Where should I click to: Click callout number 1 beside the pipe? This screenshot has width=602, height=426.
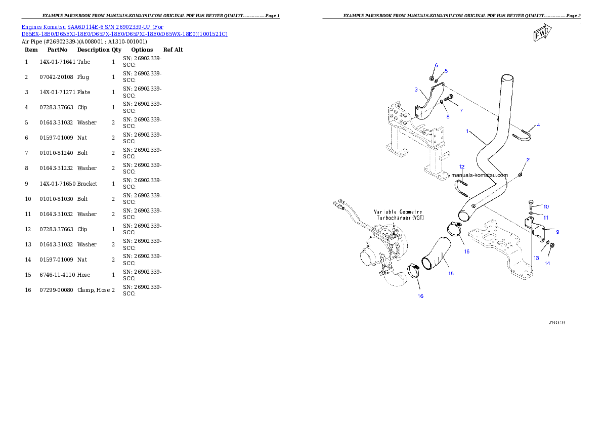[468, 131]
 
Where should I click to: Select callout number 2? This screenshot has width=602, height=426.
[528, 159]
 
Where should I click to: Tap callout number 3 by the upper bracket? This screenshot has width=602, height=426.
[416, 90]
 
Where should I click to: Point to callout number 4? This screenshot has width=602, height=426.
[538, 125]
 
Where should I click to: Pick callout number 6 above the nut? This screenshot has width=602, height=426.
[436, 66]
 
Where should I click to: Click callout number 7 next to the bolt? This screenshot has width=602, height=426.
[461, 109]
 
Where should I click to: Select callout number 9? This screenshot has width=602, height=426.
[557, 232]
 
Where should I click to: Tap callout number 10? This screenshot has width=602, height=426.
[546, 206]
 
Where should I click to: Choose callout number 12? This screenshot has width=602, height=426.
[461, 166]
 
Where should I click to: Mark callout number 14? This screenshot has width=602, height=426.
[547, 264]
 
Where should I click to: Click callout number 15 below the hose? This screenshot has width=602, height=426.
[450, 274]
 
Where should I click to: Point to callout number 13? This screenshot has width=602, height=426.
[536, 258]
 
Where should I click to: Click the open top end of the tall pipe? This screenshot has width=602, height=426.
[507, 79]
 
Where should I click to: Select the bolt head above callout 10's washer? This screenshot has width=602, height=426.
[531, 202]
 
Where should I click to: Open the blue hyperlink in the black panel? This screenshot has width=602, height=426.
[124, 30]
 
